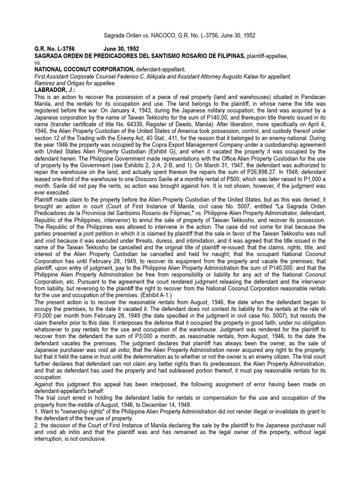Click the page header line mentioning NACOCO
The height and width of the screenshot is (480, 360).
(x=180, y=36)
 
